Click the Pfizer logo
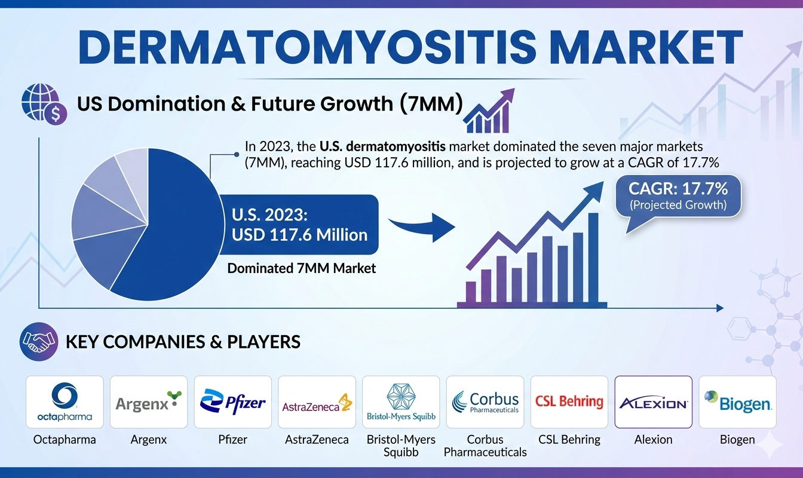click(x=233, y=402)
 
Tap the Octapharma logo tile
click(x=65, y=402)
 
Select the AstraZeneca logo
click(x=317, y=402)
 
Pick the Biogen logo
click(x=737, y=402)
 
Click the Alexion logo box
click(x=653, y=402)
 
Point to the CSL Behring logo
click(x=569, y=402)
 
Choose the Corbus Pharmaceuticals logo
click(x=485, y=402)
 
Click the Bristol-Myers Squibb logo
click(x=401, y=402)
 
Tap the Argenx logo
click(x=149, y=402)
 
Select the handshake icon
click(x=39, y=342)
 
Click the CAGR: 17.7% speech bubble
click(x=678, y=195)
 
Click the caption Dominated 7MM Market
click(x=302, y=268)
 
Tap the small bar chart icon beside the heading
click(x=489, y=112)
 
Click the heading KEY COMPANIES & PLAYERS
click(x=183, y=342)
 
